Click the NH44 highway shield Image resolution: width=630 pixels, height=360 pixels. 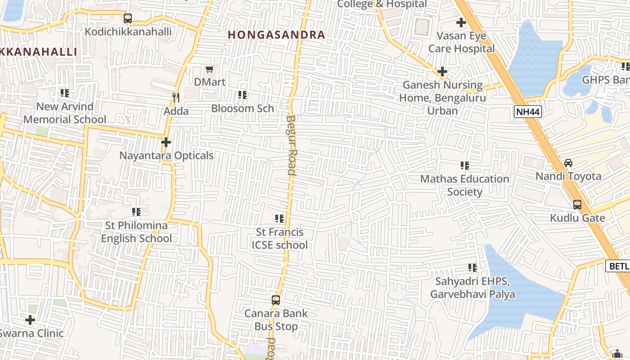[527, 112]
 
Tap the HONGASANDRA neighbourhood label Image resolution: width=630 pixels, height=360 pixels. [276, 35]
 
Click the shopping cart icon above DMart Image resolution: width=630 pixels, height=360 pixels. [209, 69]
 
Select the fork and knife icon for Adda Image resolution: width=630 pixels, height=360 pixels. [176, 97]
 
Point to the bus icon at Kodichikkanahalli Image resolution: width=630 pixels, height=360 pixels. [128, 18]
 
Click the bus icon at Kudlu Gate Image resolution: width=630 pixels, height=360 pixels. [577, 205]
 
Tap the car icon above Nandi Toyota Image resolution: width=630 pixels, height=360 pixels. [568, 163]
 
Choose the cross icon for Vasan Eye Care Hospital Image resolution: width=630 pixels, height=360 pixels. [461, 22]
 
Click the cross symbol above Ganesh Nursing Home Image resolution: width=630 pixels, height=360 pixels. [442, 72]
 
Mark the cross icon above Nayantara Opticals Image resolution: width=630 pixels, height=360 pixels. [166, 142]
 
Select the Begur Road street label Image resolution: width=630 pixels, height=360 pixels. [291, 145]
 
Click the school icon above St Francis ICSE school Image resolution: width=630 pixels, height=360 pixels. [279, 219]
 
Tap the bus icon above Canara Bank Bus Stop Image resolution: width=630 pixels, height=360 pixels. [276, 300]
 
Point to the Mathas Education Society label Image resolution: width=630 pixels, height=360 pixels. [464, 185]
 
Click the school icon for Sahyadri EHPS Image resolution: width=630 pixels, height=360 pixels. [472, 268]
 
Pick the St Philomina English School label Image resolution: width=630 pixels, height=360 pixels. [136, 232]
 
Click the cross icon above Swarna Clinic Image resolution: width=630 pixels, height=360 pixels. [30, 320]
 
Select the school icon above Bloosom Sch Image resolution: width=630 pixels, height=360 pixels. [243, 95]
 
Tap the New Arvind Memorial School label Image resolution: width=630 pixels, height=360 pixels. [65, 113]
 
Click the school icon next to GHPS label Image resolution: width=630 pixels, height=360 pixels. [625, 67]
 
